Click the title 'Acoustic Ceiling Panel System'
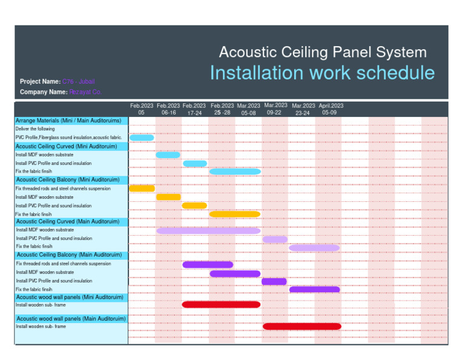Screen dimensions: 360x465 pyautogui.click(x=322, y=53)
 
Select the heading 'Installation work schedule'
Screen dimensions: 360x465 pyautogui.click(x=322, y=73)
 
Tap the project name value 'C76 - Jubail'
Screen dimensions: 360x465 pyautogui.click(x=79, y=81)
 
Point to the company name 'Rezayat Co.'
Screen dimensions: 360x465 pyautogui.click(x=85, y=92)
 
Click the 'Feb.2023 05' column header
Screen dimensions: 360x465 pyautogui.click(x=142, y=109)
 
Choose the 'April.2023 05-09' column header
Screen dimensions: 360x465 pyautogui.click(x=331, y=109)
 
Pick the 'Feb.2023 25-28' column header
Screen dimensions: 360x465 pyautogui.click(x=222, y=109)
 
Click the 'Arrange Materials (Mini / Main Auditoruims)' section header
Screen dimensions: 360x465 pyautogui.click(x=68, y=121)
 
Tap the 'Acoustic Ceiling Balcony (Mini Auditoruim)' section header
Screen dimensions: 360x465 pyautogui.click(x=68, y=180)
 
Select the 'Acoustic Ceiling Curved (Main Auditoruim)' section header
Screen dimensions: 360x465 pyautogui.click(x=68, y=222)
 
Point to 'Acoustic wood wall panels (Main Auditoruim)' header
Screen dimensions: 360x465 pyautogui.click(x=71, y=319)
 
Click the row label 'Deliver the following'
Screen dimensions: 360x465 pyautogui.click(x=35, y=129)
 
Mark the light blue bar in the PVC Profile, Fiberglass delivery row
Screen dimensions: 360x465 pyautogui.click(x=142, y=138)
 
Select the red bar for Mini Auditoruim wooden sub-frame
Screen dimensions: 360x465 pyautogui.click(x=221, y=304)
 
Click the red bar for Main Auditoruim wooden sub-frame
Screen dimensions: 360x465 pyautogui.click(x=302, y=326)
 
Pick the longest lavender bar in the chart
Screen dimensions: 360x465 pyautogui.click(x=208, y=231)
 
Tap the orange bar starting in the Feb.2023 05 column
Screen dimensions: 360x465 pyautogui.click(x=142, y=188)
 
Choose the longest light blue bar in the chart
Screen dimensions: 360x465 pyautogui.click(x=235, y=172)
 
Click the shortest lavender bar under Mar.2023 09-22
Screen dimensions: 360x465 pyautogui.click(x=275, y=239)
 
